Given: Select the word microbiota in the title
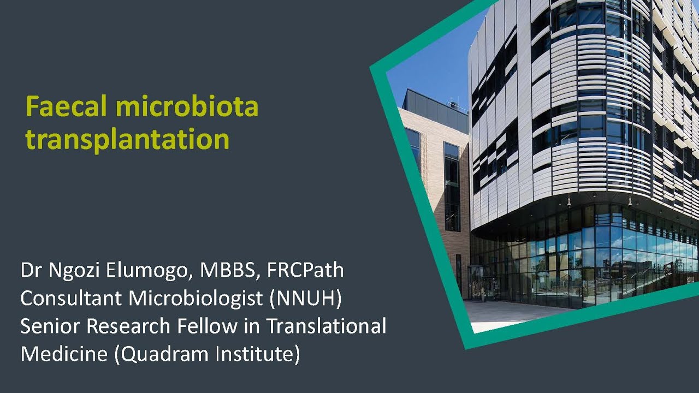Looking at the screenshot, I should tap(187, 107).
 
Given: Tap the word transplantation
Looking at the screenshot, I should tap(127, 139).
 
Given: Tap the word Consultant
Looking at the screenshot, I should tap(69, 299).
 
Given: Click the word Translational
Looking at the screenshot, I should tap(326, 326).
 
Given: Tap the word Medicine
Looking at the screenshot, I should tap(64, 354).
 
